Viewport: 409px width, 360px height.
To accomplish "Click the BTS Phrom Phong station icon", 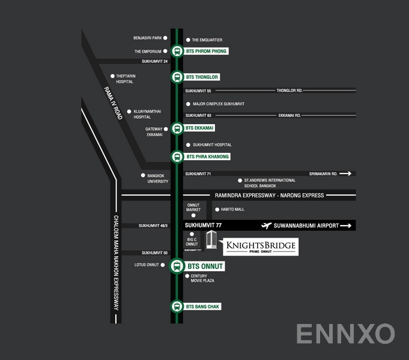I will (177, 51).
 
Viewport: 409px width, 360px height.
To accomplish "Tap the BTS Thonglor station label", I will (202, 77).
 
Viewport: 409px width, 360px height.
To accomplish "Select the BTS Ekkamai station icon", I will (177, 128).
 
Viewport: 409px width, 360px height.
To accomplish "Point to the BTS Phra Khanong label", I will (208, 157).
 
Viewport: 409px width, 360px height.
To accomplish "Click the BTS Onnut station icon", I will (177, 266).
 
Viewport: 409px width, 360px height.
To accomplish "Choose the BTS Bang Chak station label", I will (203, 307).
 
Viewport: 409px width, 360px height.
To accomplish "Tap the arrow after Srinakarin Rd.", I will (345, 173).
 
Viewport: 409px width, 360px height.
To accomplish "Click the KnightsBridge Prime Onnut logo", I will (260, 247).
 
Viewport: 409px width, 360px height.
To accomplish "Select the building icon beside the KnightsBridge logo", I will (211, 241).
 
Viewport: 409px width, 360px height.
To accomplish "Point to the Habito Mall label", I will (231, 209).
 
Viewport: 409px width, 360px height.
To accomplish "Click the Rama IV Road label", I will (113, 103).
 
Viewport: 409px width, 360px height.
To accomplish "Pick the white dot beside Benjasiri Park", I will (166, 38).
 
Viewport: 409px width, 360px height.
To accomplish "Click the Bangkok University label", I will (158, 178).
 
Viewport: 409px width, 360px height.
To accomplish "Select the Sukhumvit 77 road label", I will (204, 226).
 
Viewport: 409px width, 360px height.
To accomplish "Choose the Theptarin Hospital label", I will (124, 79).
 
